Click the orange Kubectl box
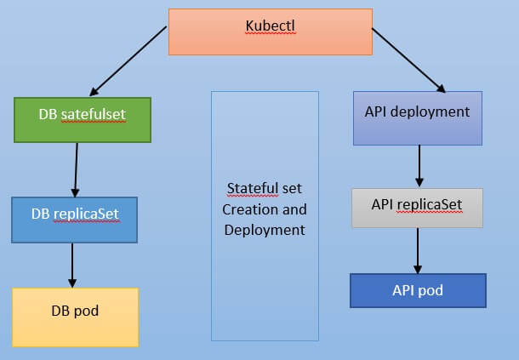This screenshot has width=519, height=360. (x=271, y=31)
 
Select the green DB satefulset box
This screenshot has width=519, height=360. (x=83, y=119)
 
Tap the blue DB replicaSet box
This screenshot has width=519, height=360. (x=76, y=220)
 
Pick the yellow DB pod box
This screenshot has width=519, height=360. (x=75, y=317)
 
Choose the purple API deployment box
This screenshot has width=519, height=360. (x=417, y=118)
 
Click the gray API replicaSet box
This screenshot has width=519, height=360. (x=417, y=208)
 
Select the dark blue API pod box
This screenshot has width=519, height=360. (x=417, y=290)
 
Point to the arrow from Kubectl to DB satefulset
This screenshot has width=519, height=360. (x=128, y=60)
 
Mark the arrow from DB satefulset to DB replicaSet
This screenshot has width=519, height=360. (x=76, y=169)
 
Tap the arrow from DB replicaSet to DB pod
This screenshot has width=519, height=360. (x=72, y=265)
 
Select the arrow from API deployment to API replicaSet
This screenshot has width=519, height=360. (x=419, y=167)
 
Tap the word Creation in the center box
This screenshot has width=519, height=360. (x=248, y=209)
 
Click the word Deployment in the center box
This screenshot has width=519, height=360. (x=265, y=230)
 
